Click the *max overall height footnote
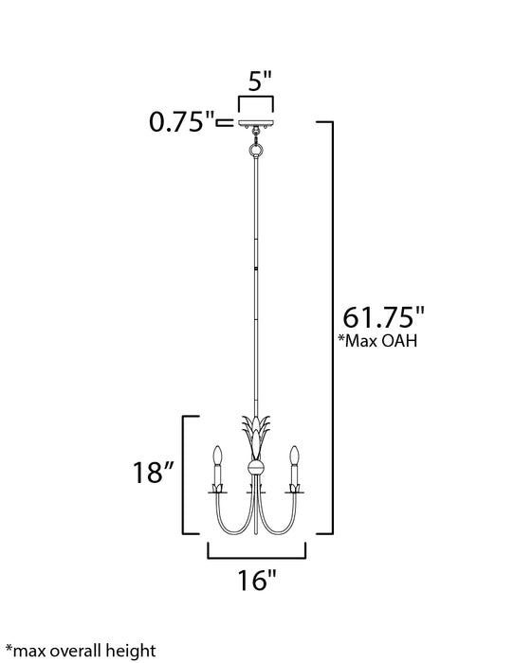tap(80, 650)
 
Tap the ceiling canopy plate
tap(255, 125)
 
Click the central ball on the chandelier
tap(254, 467)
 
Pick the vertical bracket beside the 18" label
tap(184, 475)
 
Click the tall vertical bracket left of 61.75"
tap(332, 327)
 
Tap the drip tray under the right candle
tap(297, 490)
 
